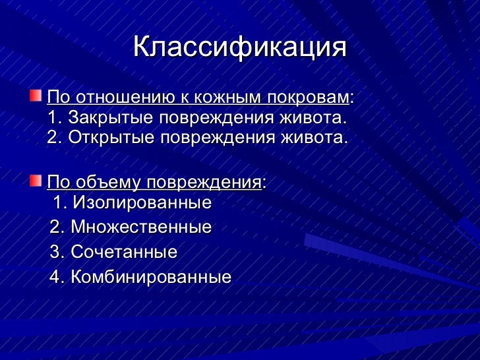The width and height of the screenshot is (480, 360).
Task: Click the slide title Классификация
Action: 239,48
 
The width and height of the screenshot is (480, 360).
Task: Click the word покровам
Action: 309,98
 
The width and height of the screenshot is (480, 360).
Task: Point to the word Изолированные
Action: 142,202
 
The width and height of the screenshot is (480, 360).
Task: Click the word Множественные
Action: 141,227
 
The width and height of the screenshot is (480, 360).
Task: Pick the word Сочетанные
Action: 124,252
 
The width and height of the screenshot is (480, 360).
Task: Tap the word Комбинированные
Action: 151,277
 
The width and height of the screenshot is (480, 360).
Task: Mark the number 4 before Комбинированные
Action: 55,277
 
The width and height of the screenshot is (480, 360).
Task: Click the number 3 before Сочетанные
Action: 55,252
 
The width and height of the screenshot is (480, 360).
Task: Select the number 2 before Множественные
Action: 55,227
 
